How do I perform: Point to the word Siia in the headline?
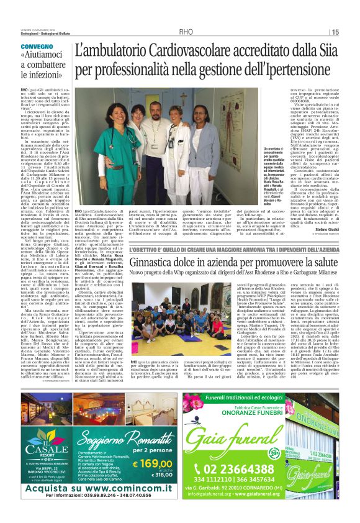[330, 52]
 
